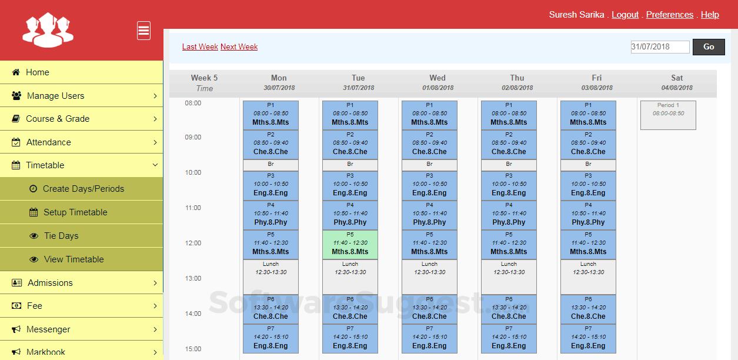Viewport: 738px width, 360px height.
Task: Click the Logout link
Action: pyautogui.click(x=625, y=15)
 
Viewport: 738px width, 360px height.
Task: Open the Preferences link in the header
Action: pyautogui.click(x=670, y=15)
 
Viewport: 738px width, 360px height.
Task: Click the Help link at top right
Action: pyautogui.click(x=710, y=15)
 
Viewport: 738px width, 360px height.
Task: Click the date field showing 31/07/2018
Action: pyautogui.click(x=660, y=47)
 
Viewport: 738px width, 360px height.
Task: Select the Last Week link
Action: pyautogui.click(x=200, y=47)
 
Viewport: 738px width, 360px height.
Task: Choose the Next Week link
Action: pyautogui.click(x=239, y=47)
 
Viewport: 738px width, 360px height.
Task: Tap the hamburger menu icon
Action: pyautogui.click(x=143, y=31)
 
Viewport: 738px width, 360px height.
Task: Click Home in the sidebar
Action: pyautogui.click(x=38, y=72)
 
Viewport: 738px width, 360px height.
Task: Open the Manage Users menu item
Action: pyautogui.click(x=56, y=96)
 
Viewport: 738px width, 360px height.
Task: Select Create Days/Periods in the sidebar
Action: pyautogui.click(x=84, y=189)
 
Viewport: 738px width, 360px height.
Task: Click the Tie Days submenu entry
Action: pyautogui.click(x=61, y=236)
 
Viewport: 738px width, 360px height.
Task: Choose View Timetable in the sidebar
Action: pyautogui.click(x=74, y=259)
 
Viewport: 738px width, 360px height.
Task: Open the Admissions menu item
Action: pyautogui.click(x=51, y=283)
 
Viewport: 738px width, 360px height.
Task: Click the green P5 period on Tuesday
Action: pyautogui.click(x=350, y=245)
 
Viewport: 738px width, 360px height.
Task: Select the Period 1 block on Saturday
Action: pyautogui.click(x=668, y=115)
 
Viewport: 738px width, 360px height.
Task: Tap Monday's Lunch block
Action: pyautogui.click(x=271, y=276)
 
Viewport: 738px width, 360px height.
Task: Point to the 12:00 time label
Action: pyautogui.click(x=193, y=243)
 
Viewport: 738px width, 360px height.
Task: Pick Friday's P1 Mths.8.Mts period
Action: pyautogui.click(x=588, y=115)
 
